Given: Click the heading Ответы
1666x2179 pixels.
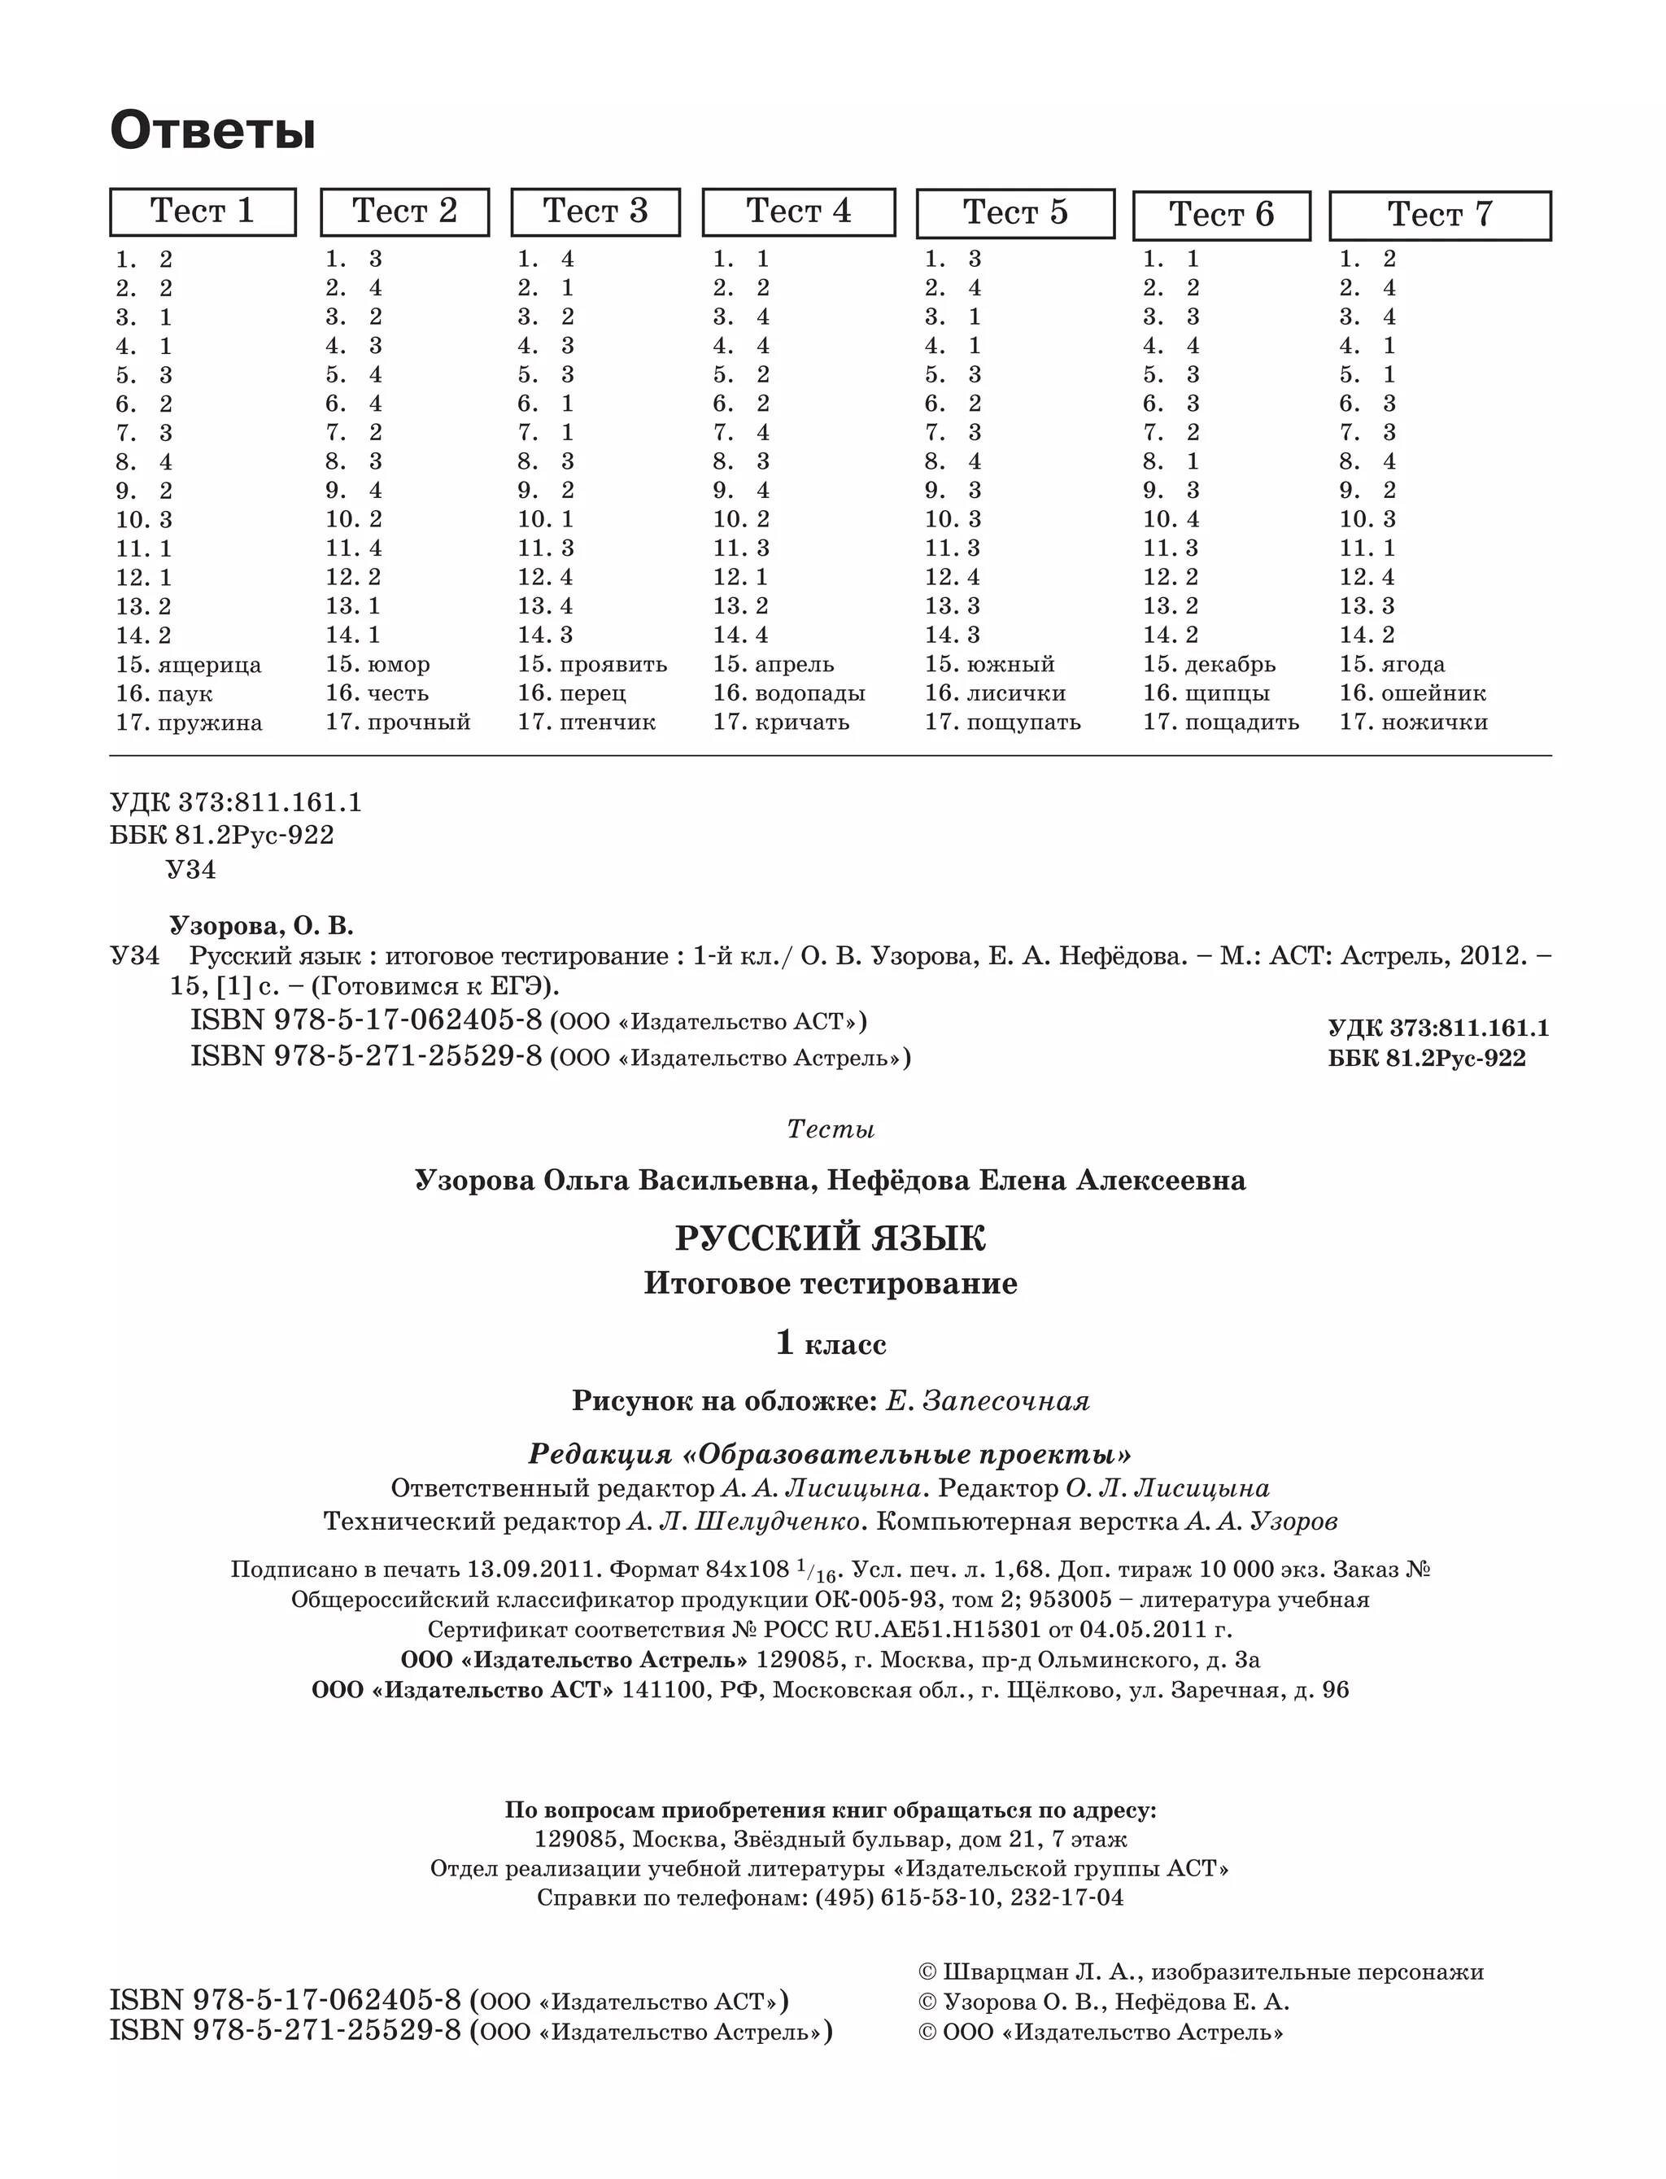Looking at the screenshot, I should (x=212, y=131).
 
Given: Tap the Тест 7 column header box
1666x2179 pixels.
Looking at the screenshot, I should (x=1439, y=214).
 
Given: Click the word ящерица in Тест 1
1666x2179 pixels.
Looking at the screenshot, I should (x=209, y=665).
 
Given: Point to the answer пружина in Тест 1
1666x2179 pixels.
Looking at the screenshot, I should (x=209, y=723).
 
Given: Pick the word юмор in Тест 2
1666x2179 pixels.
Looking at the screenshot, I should (x=398, y=665).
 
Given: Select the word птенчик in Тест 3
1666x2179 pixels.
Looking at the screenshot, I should (x=607, y=723).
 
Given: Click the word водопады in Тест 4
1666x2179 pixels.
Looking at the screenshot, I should (x=809, y=693).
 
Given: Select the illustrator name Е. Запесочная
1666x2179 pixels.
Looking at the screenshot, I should (x=987, y=1400).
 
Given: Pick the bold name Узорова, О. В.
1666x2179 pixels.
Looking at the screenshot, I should (x=261, y=925).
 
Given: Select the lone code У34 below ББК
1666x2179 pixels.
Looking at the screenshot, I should (x=190, y=870).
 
